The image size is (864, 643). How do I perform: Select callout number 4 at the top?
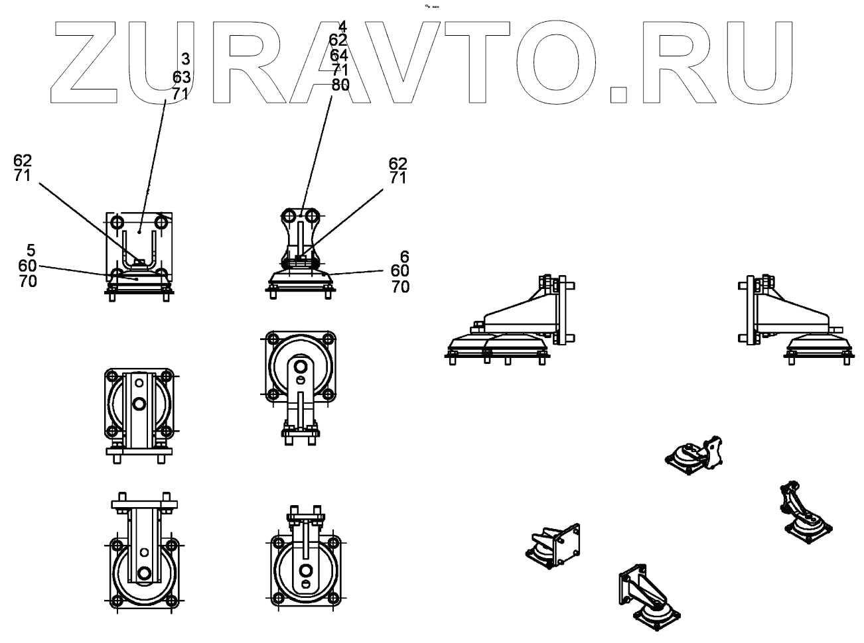[342, 27]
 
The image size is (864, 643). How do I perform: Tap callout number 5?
[31, 250]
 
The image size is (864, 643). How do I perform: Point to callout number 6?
[405, 256]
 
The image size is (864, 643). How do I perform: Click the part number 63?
[180, 78]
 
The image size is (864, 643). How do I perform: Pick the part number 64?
[338, 55]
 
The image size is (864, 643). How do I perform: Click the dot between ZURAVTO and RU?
[618, 93]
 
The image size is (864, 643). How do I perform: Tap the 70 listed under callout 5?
[28, 282]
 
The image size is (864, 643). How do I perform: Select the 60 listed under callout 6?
[400, 271]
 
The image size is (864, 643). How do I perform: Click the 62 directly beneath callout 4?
[338, 40]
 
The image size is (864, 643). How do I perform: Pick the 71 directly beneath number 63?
[180, 93]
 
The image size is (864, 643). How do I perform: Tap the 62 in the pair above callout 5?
[23, 161]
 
